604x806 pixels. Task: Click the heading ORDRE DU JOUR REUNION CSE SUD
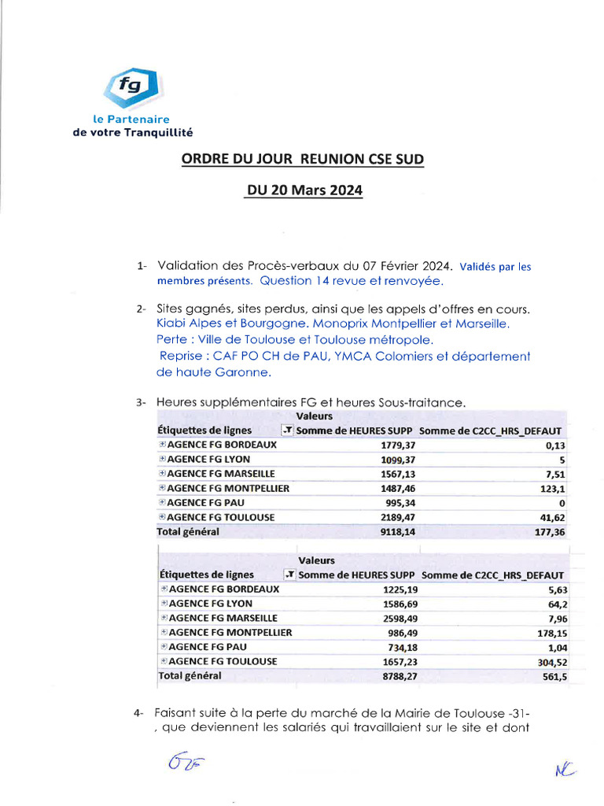pos(302,159)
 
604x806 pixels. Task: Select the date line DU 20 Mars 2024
pos(303,190)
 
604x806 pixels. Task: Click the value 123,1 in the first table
pos(551,489)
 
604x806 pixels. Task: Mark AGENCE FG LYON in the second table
pos(211,604)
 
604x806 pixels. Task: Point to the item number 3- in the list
pos(141,403)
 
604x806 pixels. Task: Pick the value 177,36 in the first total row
pos(548,532)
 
